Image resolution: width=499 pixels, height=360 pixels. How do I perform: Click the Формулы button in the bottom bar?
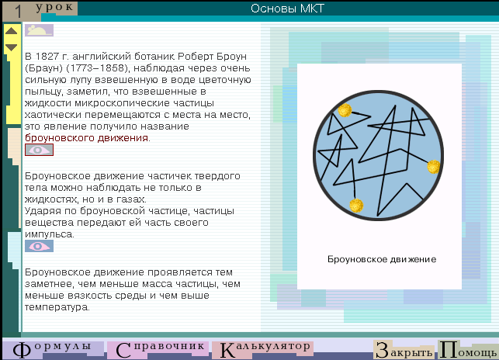point(53,349)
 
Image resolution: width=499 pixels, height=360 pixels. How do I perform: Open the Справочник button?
point(158,349)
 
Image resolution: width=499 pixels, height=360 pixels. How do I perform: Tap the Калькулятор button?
point(262,349)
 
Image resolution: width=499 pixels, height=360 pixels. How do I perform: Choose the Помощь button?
point(469,349)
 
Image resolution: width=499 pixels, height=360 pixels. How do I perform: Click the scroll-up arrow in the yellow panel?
point(11,31)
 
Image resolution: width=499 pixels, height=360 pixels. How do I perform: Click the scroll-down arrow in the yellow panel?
point(11,47)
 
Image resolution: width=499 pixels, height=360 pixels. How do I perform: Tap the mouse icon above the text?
point(39,30)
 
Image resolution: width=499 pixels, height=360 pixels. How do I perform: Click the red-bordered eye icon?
point(39,150)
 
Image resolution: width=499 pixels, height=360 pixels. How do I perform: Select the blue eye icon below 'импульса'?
point(39,246)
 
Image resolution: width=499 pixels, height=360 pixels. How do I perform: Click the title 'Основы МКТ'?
point(287,9)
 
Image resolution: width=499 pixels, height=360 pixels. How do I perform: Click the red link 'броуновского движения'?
point(86,138)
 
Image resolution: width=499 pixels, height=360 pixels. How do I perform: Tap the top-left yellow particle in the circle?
point(345,110)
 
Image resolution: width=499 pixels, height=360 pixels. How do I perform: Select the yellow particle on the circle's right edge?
point(434,167)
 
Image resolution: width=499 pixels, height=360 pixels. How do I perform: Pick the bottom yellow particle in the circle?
point(356,206)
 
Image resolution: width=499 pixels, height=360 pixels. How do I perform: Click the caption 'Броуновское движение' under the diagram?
point(382,259)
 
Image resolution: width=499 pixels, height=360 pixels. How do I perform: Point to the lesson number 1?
point(18,12)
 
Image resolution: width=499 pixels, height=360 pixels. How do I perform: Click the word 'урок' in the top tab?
point(54,7)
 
